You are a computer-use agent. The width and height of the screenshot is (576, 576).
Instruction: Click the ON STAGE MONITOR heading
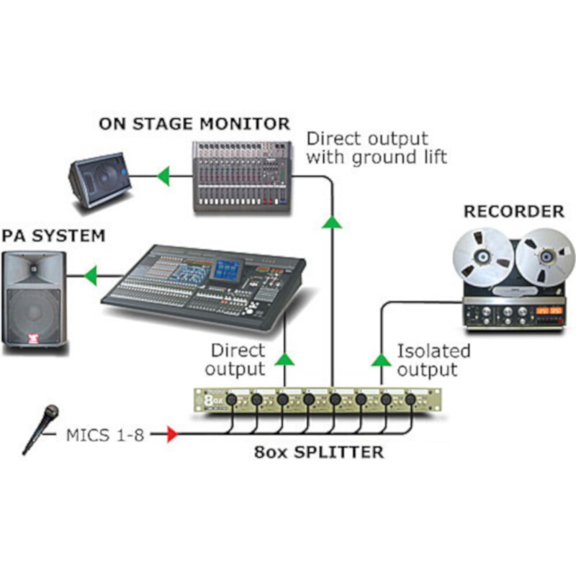194,123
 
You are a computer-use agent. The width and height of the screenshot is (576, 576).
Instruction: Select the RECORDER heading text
513,212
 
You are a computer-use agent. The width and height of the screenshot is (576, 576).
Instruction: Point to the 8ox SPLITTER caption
319,453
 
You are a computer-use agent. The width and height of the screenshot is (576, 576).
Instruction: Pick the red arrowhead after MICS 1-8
171,434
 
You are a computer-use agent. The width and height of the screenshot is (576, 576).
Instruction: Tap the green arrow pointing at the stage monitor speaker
163,175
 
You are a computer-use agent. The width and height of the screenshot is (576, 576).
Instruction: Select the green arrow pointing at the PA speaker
90,274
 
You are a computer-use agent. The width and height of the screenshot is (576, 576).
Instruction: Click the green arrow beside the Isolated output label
381,359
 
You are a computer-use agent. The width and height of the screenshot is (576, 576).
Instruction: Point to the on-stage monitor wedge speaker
101,179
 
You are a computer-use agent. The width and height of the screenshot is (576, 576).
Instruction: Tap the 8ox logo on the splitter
210,399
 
